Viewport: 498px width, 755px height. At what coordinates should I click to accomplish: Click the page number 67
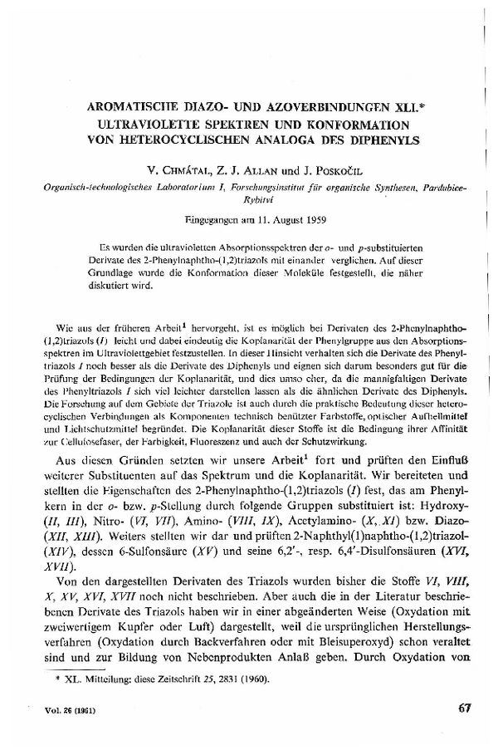[x=464, y=708]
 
